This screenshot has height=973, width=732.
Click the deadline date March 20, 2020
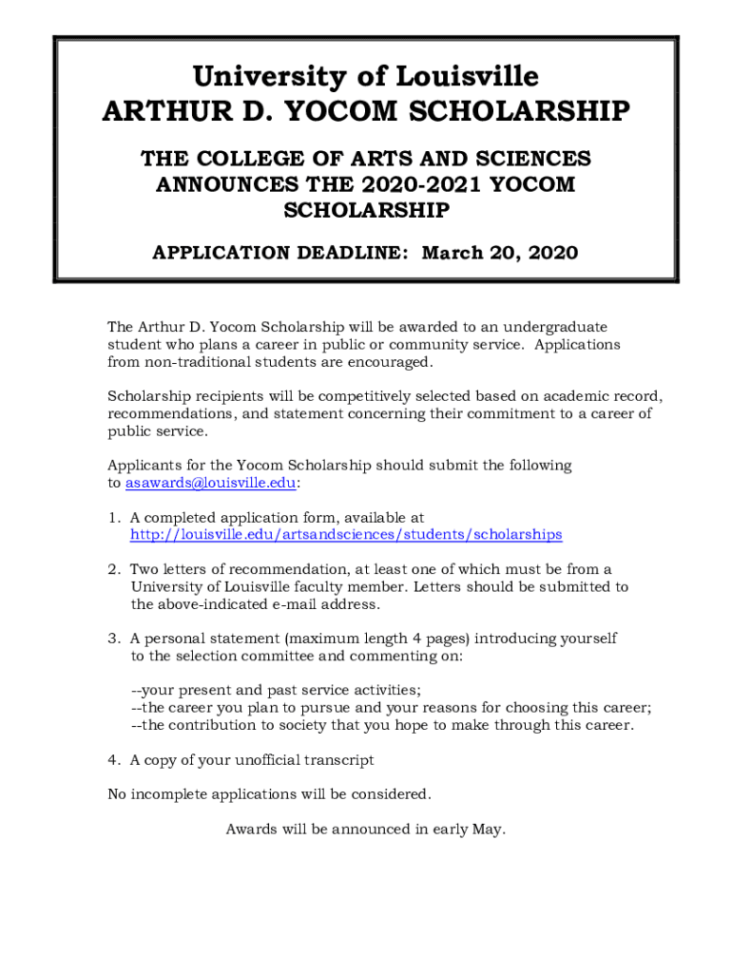point(499,254)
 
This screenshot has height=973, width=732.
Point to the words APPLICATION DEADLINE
point(281,254)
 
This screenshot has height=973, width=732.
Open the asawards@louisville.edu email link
point(210,483)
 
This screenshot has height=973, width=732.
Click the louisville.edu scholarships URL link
point(346,535)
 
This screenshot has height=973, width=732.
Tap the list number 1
point(112,518)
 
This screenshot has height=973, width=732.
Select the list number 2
point(112,570)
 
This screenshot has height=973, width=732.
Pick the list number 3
point(112,639)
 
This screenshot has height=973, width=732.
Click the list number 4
point(112,760)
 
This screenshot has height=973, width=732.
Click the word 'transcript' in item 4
point(337,760)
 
